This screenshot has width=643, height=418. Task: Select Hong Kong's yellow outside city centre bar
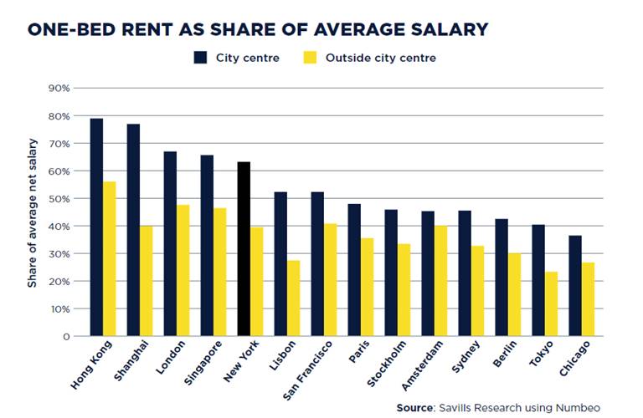[110, 259]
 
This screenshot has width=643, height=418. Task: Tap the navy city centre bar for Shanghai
[133, 230]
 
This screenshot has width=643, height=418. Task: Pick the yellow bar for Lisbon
[293, 298]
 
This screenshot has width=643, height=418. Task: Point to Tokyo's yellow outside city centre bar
[552, 303]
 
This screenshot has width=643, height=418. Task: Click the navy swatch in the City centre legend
[201, 58]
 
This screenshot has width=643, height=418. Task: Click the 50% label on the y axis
[60, 198]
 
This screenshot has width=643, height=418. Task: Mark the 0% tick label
[64, 336]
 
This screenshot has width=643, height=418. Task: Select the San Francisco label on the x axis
[308, 370]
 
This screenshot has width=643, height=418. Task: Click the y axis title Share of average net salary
[33, 212]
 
